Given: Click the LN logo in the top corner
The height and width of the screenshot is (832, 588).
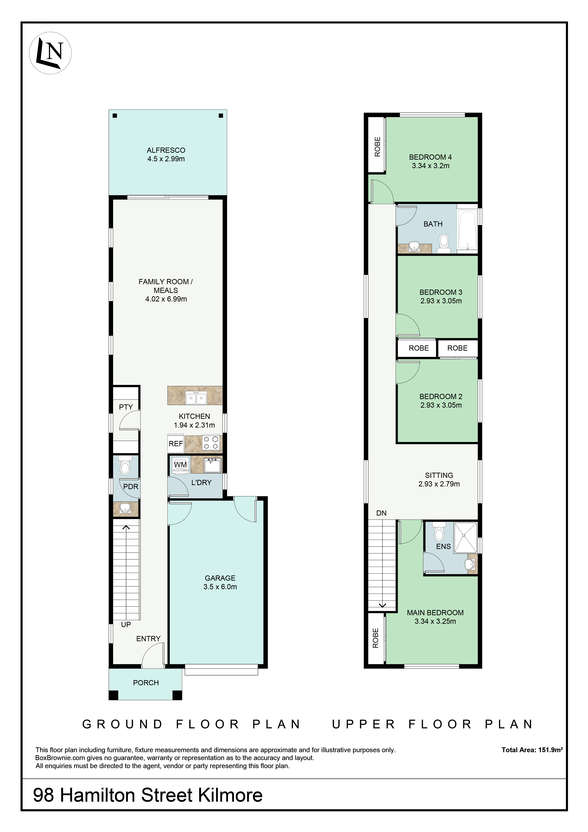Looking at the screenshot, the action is (50, 53).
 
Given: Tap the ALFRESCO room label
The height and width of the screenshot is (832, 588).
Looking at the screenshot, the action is (166, 150).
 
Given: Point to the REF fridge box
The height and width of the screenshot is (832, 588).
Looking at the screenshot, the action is (176, 443).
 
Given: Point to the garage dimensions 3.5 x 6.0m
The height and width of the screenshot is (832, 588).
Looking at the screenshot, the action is (220, 587).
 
